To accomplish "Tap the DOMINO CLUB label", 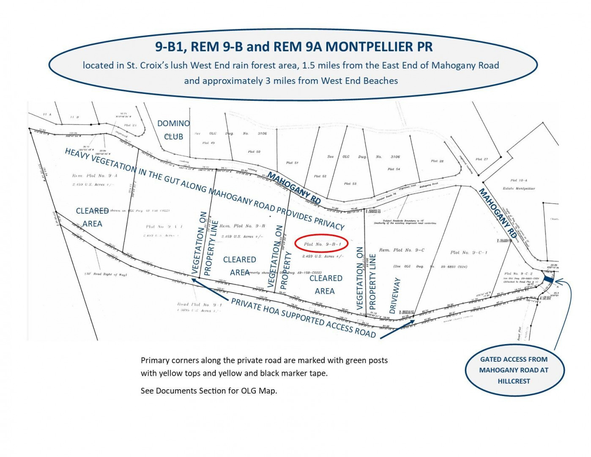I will click(173, 130).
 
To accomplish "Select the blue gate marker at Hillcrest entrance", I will click(548, 280).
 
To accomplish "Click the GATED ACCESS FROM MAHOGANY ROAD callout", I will click(514, 370).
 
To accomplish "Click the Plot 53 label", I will click(350, 184).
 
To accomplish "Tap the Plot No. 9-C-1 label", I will click(469, 253).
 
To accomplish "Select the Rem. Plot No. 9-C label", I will click(402, 250).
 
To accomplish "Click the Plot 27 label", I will click(482, 160).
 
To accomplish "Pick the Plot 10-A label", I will click(519, 180).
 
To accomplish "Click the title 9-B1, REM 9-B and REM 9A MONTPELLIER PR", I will click(294, 47).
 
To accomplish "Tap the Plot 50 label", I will click(254, 151).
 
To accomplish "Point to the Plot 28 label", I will click(437, 161).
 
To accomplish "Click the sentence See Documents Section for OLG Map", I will click(209, 391).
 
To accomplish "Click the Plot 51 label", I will click(292, 162).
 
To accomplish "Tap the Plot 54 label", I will click(394, 169).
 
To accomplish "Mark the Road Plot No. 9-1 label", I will click(199, 304).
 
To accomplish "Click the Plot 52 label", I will click(320, 176).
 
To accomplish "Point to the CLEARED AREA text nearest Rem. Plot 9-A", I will click(92, 217).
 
